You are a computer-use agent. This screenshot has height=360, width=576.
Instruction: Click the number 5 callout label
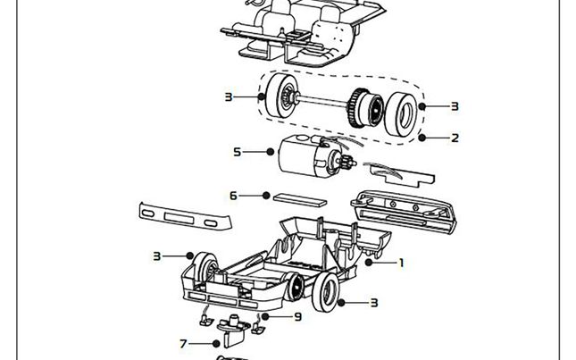(238, 152)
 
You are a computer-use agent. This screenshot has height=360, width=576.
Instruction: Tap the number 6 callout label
(233, 196)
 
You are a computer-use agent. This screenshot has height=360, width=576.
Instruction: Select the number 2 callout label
(455, 138)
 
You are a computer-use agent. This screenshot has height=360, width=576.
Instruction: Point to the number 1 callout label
(402, 263)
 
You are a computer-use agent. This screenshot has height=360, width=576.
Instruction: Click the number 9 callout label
(298, 316)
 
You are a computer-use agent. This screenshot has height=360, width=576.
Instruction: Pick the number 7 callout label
(183, 344)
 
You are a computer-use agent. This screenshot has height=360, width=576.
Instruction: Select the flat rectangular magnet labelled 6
(300, 200)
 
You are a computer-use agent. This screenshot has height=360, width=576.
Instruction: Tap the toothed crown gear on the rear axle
(355, 107)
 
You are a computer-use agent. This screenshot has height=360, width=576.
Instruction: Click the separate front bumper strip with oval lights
(185, 216)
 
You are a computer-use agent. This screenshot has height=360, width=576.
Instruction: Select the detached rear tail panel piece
(404, 211)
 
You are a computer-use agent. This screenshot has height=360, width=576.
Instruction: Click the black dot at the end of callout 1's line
(369, 263)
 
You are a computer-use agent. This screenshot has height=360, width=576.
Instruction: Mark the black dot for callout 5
(271, 152)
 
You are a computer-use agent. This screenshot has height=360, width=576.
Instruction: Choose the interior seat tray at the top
(304, 33)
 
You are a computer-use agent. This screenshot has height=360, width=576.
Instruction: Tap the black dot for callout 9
(265, 316)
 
